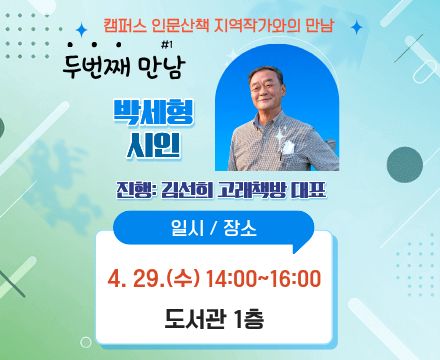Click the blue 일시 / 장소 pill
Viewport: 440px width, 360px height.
coord(220,228)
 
